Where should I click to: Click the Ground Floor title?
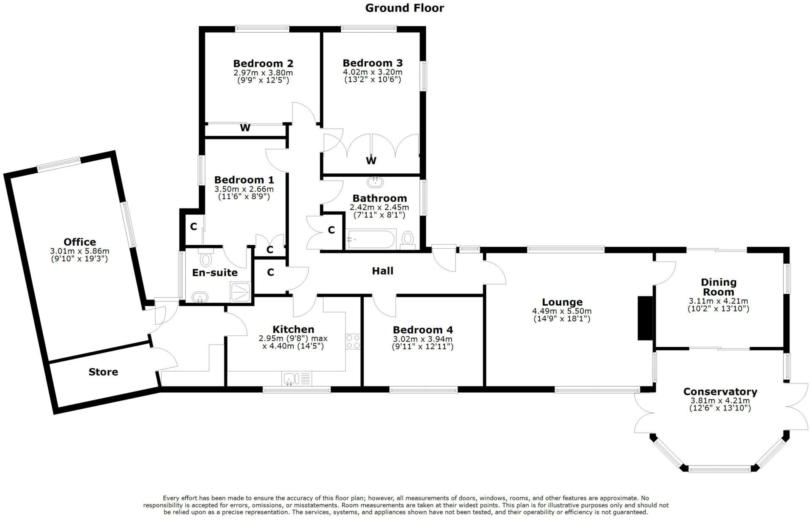click(x=404, y=8)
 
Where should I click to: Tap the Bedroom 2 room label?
click(x=263, y=63)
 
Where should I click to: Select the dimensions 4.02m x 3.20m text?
click(x=372, y=72)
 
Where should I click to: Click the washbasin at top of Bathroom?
click(x=375, y=182)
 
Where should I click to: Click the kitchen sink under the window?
click(x=291, y=378)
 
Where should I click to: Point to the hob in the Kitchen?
click(x=353, y=342)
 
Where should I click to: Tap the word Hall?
click(x=382, y=271)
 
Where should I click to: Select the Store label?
click(x=103, y=372)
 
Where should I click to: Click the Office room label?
click(x=80, y=242)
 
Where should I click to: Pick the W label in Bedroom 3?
click(x=371, y=161)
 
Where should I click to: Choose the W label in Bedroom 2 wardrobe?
click(x=245, y=128)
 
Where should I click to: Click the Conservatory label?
click(x=720, y=392)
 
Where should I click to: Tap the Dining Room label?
click(x=718, y=287)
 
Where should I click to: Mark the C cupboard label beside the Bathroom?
click(x=331, y=230)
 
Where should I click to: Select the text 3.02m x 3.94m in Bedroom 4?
click(x=422, y=339)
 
